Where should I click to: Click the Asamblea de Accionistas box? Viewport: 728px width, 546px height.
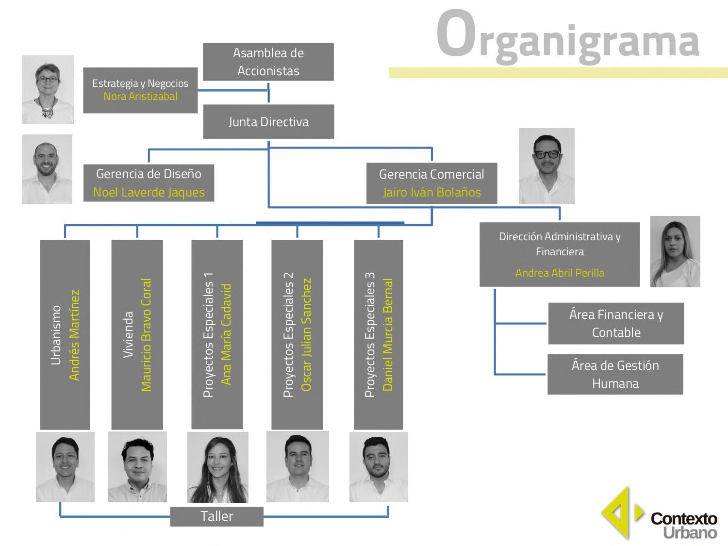tap(268, 62)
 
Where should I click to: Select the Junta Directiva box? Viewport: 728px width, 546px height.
tap(268, 121)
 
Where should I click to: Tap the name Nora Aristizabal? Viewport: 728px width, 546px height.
tap(140, 97)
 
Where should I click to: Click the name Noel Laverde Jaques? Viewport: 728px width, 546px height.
tap(149, 192)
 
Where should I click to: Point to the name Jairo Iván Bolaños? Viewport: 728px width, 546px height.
tap(431, 192)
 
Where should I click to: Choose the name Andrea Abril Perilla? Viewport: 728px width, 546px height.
tap(560, 273)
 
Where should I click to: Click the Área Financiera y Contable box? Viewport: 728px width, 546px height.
tap(616, 323)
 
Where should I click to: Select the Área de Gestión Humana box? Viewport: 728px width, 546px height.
tap(615, 374)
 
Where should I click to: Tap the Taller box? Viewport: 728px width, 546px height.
tap(216, 516)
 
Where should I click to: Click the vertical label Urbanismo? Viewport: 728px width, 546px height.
tap(56, 335)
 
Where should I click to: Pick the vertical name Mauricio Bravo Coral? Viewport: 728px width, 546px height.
tap(146, 335)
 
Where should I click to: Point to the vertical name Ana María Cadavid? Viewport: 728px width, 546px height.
tap(226, 335)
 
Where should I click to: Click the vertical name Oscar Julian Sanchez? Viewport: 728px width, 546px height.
tap(306, 335)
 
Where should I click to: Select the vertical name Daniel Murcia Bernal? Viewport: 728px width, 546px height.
tap(388, 335)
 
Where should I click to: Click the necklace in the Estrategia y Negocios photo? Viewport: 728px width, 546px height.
tap(48, 108)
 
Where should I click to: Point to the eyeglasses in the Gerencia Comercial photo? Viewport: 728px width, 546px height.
tap(546, 154)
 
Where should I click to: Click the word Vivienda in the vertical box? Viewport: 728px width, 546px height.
tap(129, 335)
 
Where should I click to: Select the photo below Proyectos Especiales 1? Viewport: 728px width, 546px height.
tap(217, 467)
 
